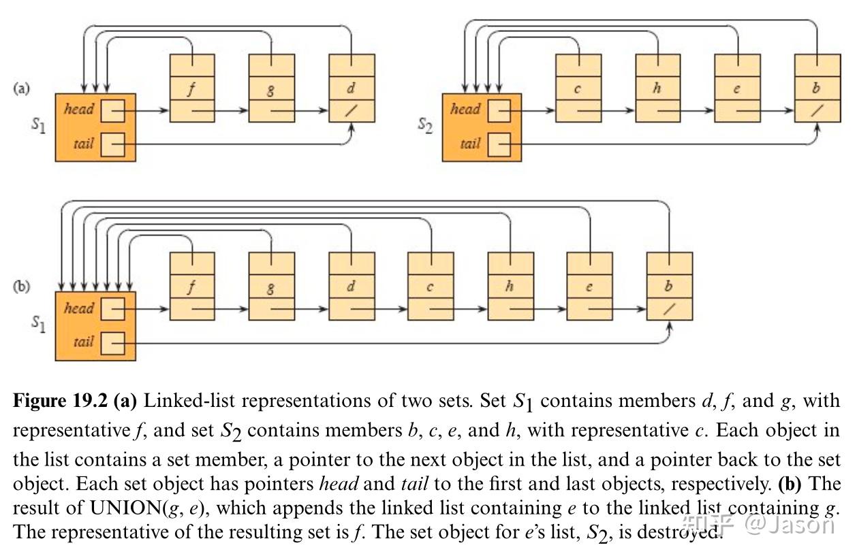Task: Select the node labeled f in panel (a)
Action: pyautogui.click(x=191, y=88)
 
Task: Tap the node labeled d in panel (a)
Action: pyautogui.click(x=352, y=88)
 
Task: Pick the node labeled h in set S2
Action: pyautogui.click(x=657, y=88)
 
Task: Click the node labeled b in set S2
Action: pyautogui.click(x=817, y=88)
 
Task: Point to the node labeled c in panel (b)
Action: pyautogui.click(x=431, y=286)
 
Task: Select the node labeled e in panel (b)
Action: pyautogui.click(x=589, y=286)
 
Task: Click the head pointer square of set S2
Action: pyautogui.click(x=499, y=110)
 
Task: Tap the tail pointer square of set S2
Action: pyautogui.click(x=499, y=144)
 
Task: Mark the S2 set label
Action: pyautogui.click(x=424, y=126)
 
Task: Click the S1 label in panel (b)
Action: pyautogui.click(x=38, y=325)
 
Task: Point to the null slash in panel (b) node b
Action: pyautogui.click(x=669, y=309)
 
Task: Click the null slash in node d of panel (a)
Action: pyautogui.click(x=352, y=111)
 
